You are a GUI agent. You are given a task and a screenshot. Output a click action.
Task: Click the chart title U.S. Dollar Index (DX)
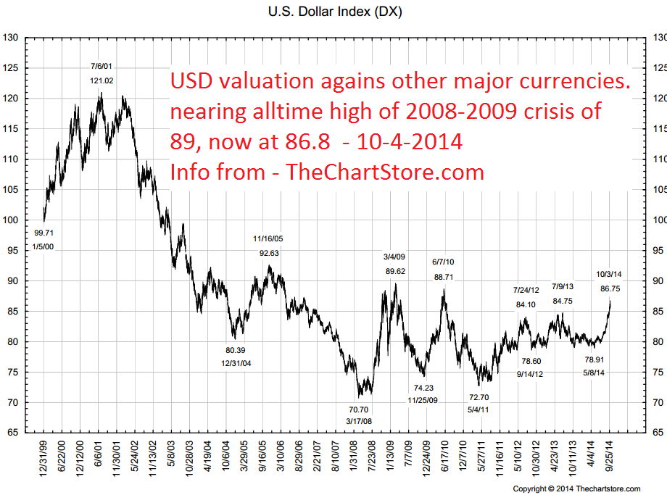[335, 12]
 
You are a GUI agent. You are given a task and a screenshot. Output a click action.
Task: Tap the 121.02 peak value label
[101, 80]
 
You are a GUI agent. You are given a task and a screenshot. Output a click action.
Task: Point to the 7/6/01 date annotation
[101, 67]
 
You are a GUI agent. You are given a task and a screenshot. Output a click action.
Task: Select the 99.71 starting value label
[43, 233]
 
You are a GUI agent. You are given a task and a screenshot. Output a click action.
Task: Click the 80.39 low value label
[235, 350]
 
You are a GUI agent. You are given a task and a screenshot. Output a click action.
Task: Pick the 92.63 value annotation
[269, 253]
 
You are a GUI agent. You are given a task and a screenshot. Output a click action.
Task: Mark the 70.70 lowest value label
[359, 409]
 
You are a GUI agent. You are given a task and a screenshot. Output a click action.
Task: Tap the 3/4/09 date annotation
[394, 257]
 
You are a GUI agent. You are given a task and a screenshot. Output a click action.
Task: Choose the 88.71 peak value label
[444, 277]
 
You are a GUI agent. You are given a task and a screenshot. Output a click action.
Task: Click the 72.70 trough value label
[479, 397]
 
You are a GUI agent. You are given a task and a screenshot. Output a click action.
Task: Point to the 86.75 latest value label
[610, 288]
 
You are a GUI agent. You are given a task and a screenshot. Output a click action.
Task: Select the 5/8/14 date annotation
[594, 373]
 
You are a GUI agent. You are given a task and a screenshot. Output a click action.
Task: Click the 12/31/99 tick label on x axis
[43, 458]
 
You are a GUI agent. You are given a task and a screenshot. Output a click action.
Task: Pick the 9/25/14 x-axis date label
[609, 457]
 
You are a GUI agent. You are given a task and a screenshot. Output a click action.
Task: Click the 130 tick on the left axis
[10, 38]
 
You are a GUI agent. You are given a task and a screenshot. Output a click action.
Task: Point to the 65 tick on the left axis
[13, 433]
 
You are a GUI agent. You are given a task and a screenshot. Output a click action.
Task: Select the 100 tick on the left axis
[10, 220]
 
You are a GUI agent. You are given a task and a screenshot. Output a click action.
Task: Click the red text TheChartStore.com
[385, 172]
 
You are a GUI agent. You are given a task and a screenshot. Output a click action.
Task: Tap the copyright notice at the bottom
[576, 488]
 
